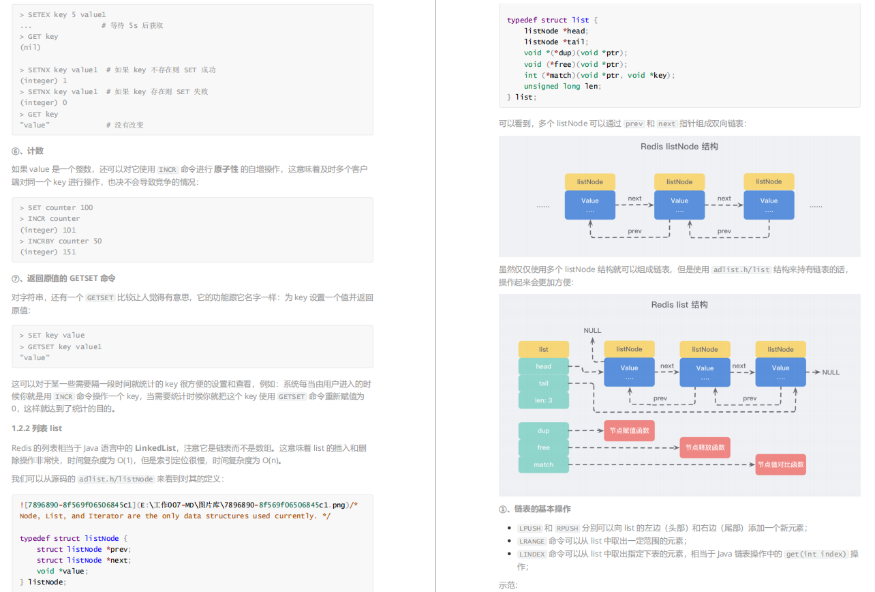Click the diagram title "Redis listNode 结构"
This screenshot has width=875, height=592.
679,147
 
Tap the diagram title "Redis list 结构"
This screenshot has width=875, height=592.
679,305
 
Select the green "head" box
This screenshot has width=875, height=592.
543,366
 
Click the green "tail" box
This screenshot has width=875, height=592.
543,383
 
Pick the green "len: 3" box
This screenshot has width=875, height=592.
543,400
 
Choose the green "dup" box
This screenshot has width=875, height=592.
543,430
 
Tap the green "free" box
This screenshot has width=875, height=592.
543,447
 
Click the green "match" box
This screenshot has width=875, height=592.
543,464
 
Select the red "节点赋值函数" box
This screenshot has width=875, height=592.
629,430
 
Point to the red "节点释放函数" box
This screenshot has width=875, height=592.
705,447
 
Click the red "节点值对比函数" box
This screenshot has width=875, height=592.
780,464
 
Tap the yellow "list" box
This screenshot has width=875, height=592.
543,349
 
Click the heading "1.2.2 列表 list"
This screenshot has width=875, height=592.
37,428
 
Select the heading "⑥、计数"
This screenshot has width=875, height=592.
28,151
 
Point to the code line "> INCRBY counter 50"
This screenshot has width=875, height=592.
61,241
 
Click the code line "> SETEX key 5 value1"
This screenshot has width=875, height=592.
63,14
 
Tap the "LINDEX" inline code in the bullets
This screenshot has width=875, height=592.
532,554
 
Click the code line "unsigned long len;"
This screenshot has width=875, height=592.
562,86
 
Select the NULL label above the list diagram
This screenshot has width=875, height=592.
592,331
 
